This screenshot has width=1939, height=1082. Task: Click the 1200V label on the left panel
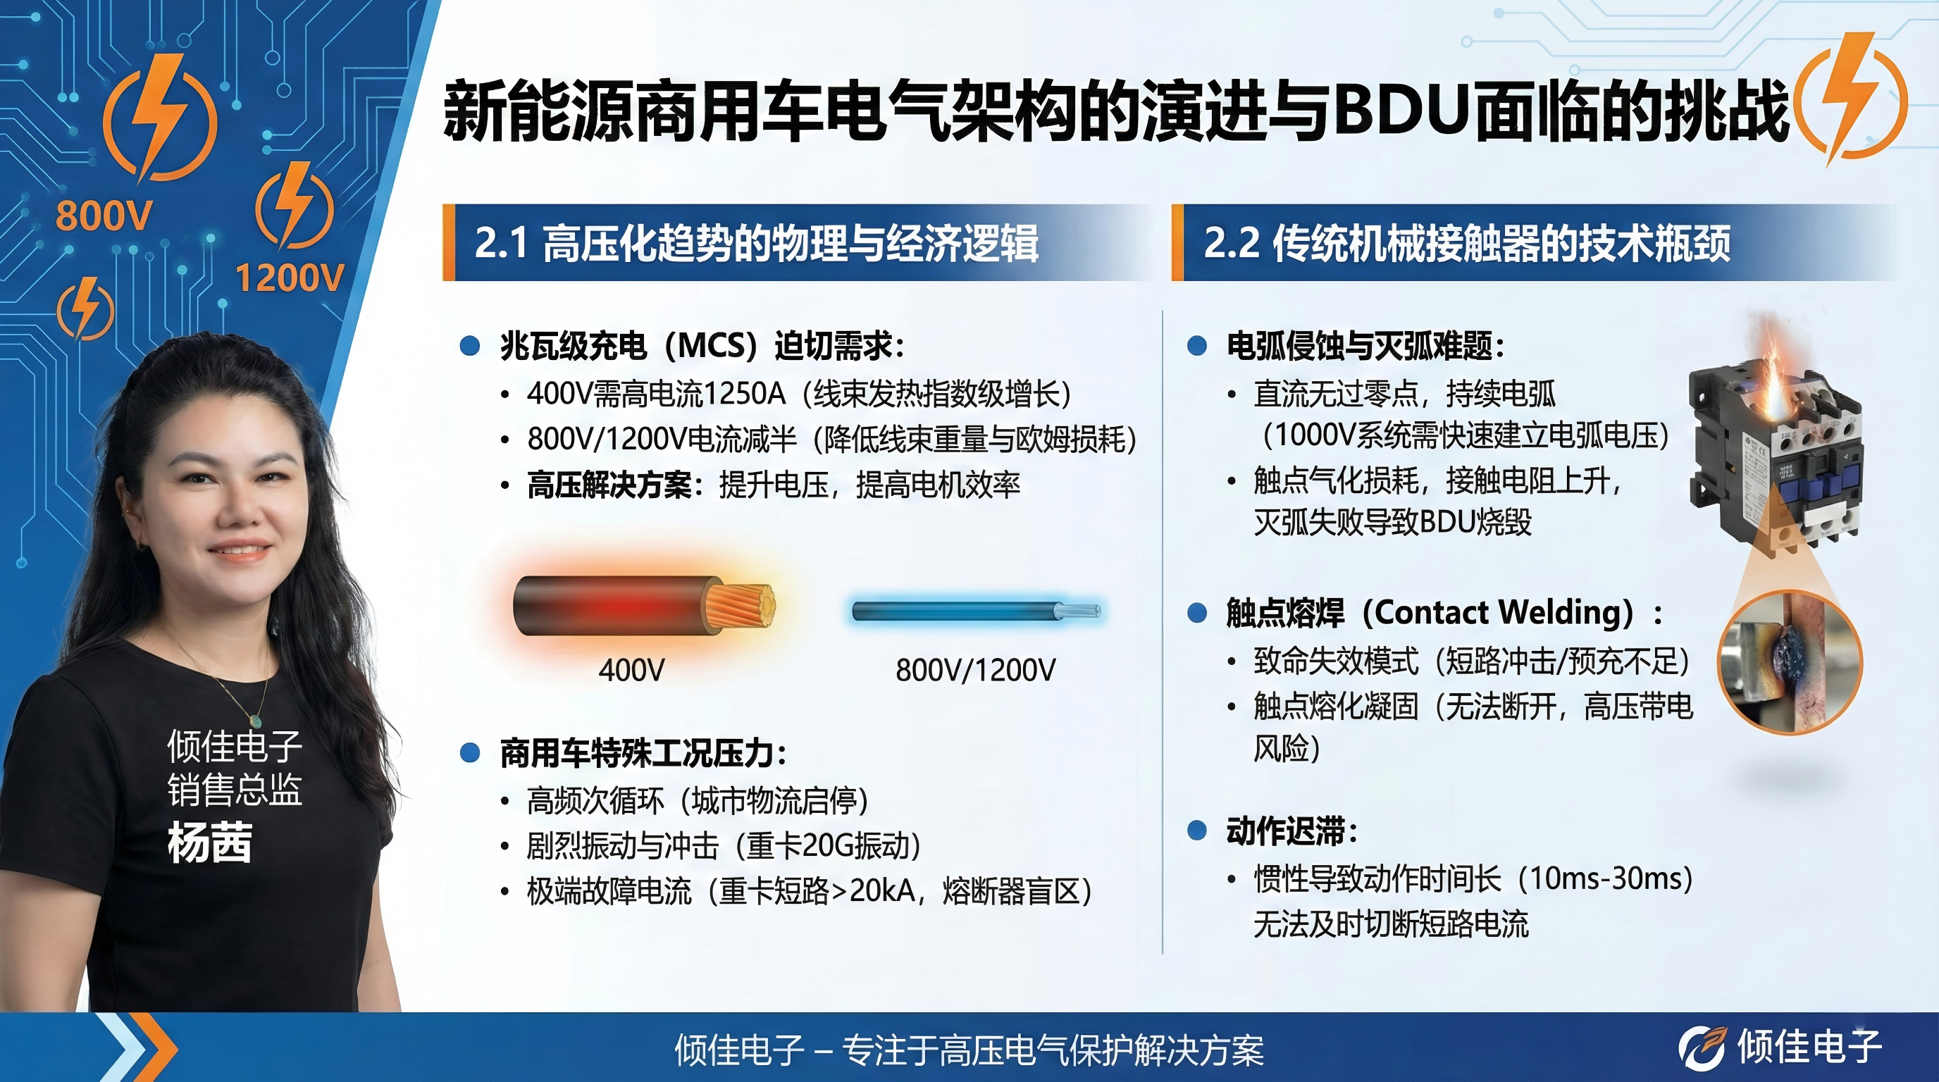pyautogui.click(x=290, y=278)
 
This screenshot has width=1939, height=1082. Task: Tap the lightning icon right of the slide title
pyautogui.click(x=1851, y=98)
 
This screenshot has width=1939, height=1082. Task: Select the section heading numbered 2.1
pyautogui.click(x=756, y=243)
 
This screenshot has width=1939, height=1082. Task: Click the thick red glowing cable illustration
pyautogui.click(x=644, y=606)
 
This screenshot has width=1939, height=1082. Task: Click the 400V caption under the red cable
pyautogui.click(x=631, y=670)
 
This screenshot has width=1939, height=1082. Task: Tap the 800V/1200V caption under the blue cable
pyautogui.click(x=976, y=670)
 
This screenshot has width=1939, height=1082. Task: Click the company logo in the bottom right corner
pyautogui.click(x=1781, y=1047)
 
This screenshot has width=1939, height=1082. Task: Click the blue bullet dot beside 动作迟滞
pyautogui.click(x=1196, y=831)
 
